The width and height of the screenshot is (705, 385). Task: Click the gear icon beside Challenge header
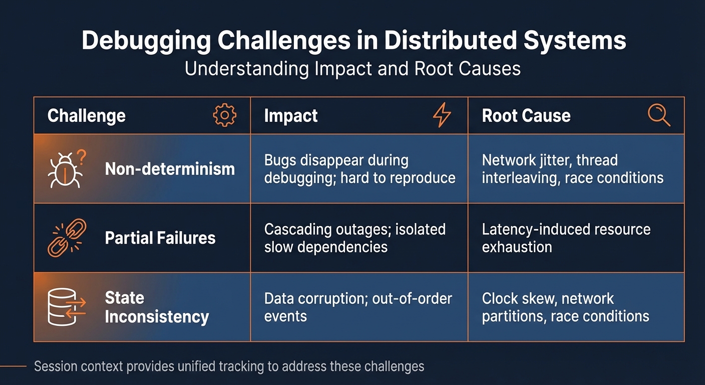point(224,116)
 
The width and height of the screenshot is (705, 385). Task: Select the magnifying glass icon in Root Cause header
point(658,116)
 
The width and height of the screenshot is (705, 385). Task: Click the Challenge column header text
point(86,116)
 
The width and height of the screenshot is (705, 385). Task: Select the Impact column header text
point(290,116)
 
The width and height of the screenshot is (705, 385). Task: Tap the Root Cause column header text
point(526,116)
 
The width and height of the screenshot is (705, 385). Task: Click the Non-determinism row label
point(170,169)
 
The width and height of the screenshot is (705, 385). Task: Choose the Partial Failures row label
point(160,238)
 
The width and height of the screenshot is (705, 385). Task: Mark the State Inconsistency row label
point(156,307)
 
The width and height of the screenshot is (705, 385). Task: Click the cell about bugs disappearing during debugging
point(360,169)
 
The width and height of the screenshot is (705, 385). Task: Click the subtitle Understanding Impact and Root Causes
point(352,68)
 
